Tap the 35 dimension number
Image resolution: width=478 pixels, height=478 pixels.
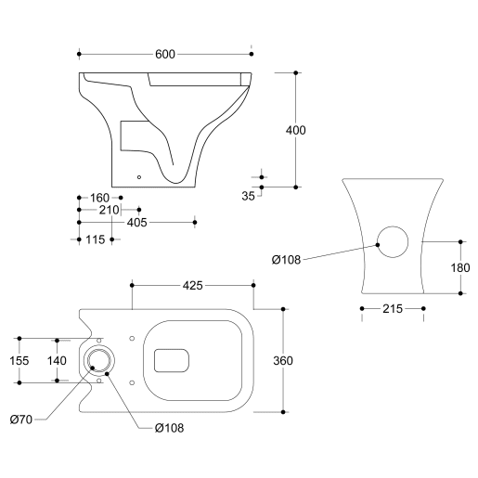click(247, 196)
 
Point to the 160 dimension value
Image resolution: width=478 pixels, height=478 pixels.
click(99, 198)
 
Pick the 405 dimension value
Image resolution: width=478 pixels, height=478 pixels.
click(136, 222)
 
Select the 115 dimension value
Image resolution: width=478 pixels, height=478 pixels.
click(94, 239)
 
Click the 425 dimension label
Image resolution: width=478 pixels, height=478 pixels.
click(193, 284)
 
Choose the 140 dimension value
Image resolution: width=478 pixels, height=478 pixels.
click(58, 359)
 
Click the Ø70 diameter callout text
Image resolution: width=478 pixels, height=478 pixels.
click(23, 420)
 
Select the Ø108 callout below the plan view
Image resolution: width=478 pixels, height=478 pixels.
click(169, 427)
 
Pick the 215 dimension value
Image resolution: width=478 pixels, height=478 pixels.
click(391, 308)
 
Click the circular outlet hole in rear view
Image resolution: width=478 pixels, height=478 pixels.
click(394, 241)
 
